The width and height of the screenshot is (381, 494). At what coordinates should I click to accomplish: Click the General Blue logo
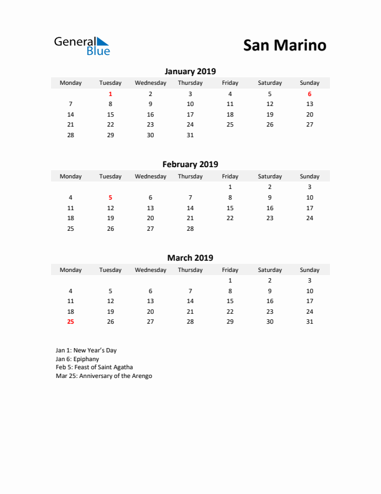82,46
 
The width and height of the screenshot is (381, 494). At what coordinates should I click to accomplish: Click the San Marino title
284,46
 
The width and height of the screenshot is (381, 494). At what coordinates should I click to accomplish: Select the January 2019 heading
190,71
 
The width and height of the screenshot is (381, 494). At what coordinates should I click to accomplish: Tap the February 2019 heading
190,165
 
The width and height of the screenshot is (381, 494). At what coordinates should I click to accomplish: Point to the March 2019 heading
190,258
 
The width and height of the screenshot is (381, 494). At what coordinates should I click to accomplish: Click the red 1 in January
110,94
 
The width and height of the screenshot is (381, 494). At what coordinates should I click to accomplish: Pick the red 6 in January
309,94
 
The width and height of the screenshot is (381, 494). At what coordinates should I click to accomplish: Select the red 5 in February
110,197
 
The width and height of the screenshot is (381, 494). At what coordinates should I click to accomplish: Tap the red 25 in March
70,322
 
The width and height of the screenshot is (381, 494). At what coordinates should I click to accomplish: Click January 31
190,135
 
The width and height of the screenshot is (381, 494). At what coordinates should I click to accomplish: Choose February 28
190,229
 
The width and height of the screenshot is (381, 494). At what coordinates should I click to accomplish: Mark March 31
309,322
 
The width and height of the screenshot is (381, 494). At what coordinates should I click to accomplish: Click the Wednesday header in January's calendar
150,83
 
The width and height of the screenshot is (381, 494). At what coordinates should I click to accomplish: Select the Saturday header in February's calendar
270,177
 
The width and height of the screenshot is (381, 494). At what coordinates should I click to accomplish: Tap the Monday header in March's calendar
70,270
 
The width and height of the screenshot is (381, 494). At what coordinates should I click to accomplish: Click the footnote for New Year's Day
86,351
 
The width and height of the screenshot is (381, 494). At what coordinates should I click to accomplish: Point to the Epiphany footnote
77,359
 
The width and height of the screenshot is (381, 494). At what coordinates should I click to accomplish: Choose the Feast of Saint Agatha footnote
94,367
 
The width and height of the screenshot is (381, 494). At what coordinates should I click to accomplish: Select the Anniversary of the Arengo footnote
104,376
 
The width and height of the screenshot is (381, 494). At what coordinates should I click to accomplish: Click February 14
190,208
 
